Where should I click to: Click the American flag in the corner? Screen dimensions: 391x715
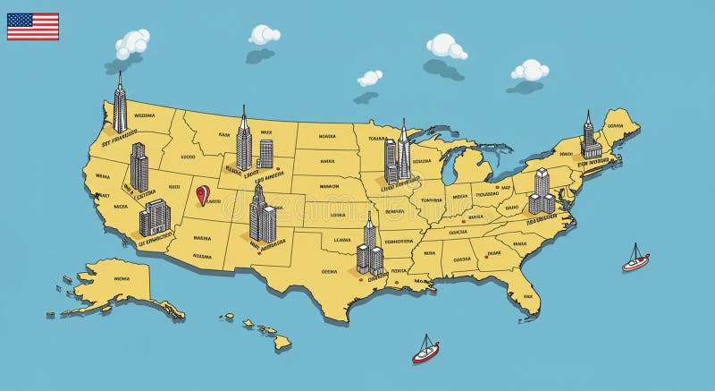(x=33, y=26)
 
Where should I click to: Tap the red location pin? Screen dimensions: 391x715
(x=203, y=194)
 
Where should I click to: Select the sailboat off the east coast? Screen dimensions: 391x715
(x=635, y=259)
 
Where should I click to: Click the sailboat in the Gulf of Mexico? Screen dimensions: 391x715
(x=425, y=350)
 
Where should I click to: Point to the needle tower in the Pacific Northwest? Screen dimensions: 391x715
(x=120, y=106)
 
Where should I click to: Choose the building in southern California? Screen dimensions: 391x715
(x=154, y=217)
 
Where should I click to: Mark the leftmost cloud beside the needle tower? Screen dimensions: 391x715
(x=132, y=41)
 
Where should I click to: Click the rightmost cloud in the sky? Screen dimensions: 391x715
(x=530, y=70)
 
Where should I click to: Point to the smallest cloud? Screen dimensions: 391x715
(x=370, y=78)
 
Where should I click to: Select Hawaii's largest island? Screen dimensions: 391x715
(x=282, y=341)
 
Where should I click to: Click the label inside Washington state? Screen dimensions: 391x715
(x=144, y=115)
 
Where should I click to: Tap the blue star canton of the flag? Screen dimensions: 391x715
(x=18, y=21)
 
